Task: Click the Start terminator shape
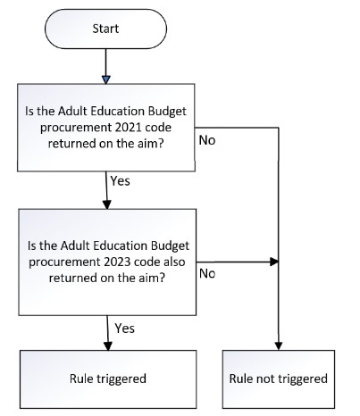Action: [105, 29]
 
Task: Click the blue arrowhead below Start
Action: [106, 79]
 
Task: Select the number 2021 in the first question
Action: [128, 128]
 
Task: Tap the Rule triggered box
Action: [108, 379]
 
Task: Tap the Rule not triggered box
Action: [279, 379]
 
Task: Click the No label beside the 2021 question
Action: [207, 140]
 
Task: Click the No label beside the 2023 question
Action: [207, 273]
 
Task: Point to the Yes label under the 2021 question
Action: [120, 181]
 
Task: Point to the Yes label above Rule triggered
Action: [125, 329]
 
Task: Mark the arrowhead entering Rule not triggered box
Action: [279, 345]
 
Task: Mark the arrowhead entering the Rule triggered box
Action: [108, 345]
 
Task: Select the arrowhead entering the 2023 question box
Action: [107, 204]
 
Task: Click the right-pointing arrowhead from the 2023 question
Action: [274, 262]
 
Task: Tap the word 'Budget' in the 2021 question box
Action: [167, 112]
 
